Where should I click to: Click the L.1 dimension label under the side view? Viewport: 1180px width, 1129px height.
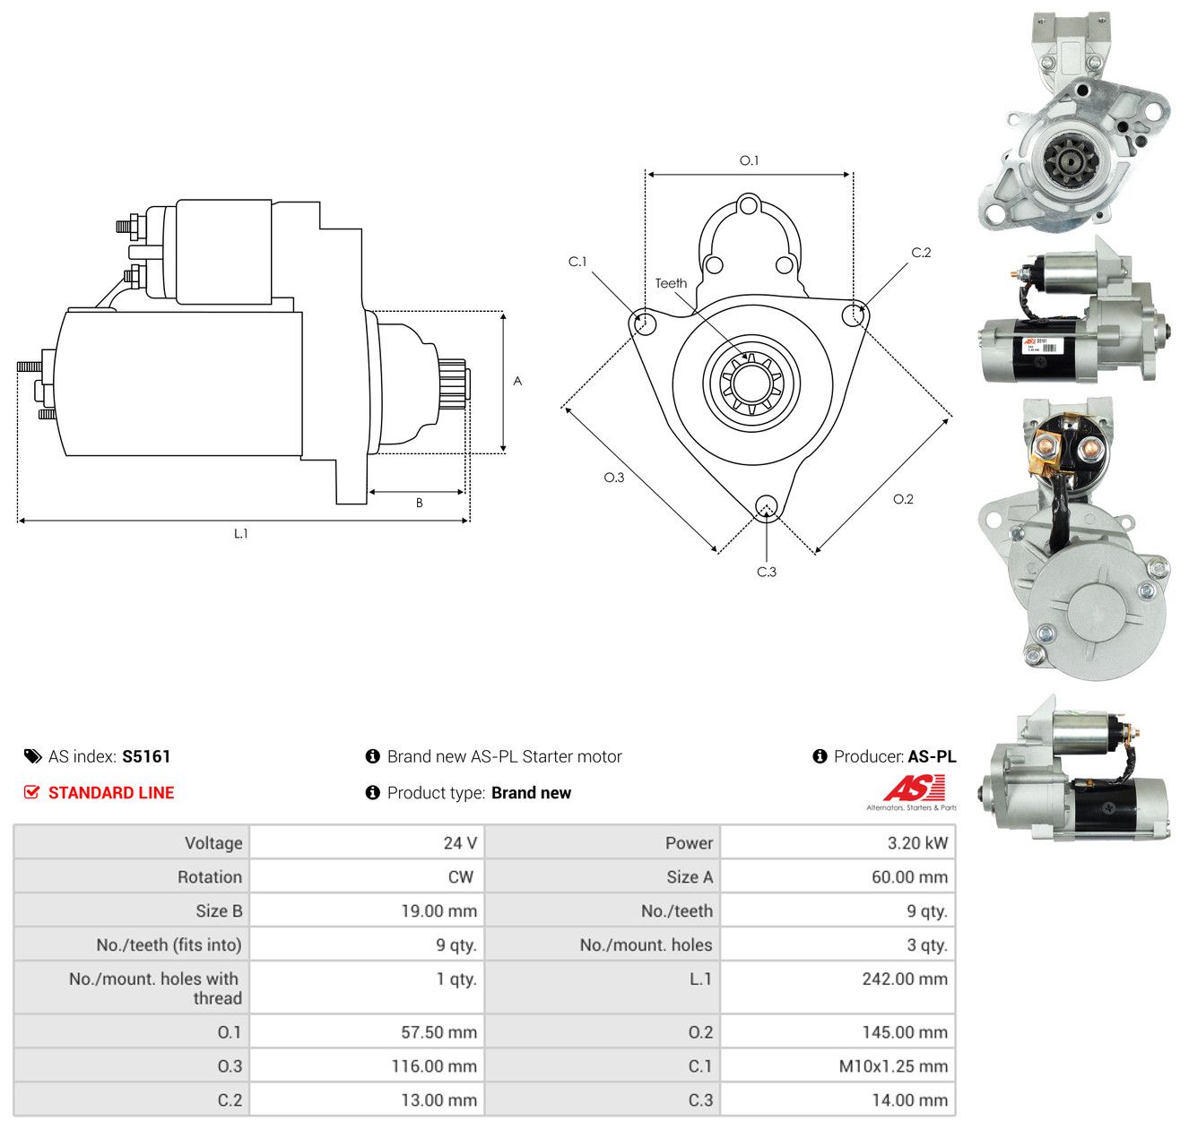pyautogui.click(x=240, y=533)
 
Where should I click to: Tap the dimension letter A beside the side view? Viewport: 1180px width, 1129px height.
pyautogui.click(x=517, y=381)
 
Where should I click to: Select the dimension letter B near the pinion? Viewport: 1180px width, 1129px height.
pyautogui.click(x=419, y=503)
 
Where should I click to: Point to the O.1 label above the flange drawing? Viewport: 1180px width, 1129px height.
pyautogui.click(x=749, y=160)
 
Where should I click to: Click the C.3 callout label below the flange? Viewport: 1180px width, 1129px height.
pyautogui.click(x=767, y=572)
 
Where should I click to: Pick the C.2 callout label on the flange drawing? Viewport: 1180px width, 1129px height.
pyautogui.click(x=921, y=253)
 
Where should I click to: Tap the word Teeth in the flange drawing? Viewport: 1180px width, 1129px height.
pyautogui.click(x=671, y=283)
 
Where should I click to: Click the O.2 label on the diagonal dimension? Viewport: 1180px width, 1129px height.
pyautogui.click(x=903, y=499)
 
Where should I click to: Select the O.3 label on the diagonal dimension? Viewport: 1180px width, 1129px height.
pyautogui.click(x=613, y=478)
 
